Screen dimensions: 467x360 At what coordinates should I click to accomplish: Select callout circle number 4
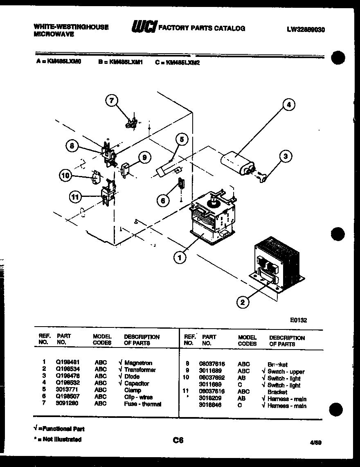pos(289,105)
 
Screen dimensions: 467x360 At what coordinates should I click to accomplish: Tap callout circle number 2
pos(243,302)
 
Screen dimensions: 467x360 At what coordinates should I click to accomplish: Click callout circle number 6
pos(163,200)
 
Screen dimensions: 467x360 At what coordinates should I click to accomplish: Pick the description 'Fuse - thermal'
pos(142,404)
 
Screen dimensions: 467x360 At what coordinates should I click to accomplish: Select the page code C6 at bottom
pos(178,440)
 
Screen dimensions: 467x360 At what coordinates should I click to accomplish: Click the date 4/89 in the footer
pos(316,442)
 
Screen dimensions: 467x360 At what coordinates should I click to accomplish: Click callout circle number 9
pos(144,158)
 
